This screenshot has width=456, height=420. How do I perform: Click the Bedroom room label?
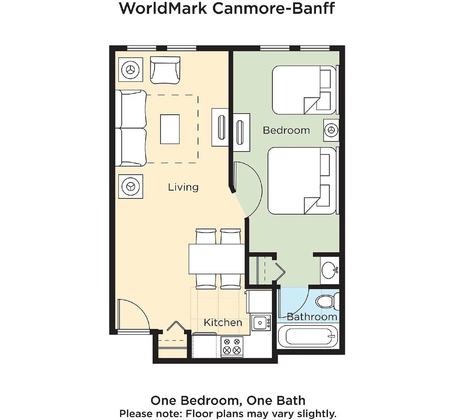click(286, 130)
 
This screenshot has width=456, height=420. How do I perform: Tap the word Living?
click(183, 187)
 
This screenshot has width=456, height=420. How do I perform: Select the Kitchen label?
click(223, 322)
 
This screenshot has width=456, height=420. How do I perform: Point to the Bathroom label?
click(312, 317)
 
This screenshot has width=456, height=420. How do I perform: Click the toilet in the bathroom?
click(328, 301)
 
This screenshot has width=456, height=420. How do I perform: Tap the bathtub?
click(308, 336)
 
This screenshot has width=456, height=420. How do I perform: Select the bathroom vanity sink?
click(330, 270)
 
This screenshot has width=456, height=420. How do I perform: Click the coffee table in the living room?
click(170, 129)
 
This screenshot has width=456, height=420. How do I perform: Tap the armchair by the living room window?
click(165, 70)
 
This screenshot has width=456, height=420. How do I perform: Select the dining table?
click(217, 259)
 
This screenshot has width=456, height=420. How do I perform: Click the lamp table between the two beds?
click(331, 130)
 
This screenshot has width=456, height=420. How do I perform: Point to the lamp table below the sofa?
click(131, 186)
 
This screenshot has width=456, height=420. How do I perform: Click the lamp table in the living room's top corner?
click(131, 70)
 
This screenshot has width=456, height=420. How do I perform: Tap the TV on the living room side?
click(223, 127)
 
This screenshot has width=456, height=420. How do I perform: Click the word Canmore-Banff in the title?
click(273, 9)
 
